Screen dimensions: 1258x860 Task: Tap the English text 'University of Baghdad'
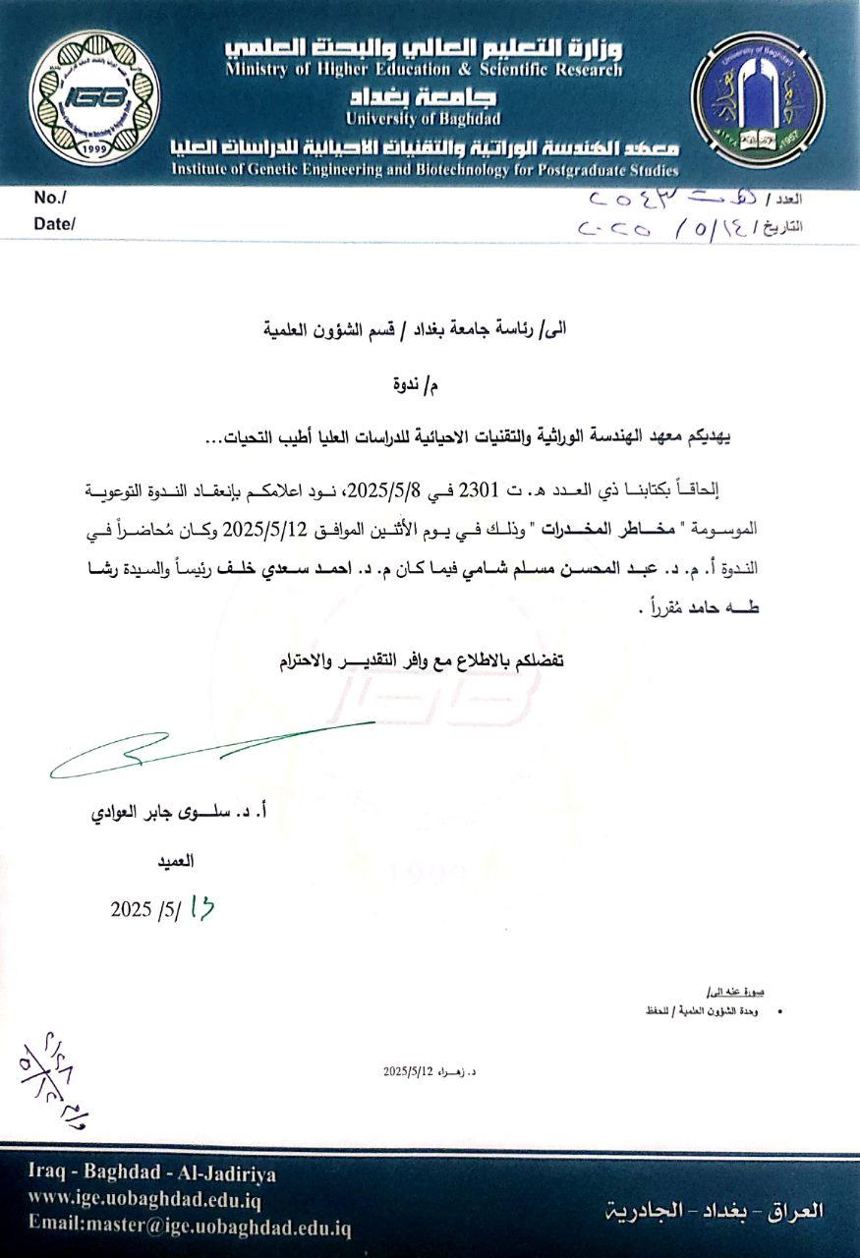[x=424, y=119]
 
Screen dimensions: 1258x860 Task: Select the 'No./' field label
[x=49, y=199]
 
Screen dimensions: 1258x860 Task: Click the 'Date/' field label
[x=55, y=223]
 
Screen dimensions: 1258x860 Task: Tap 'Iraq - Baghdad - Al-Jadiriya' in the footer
[x=152, y=1173]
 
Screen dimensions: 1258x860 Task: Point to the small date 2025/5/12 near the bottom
[x=409, y=1071]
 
